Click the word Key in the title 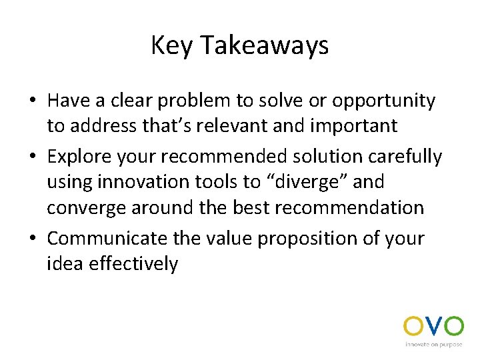pos(172,45)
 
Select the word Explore pos(81,157)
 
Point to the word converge pos(90,208)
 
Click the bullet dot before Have pos(32,101)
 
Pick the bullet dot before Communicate pos(32,239)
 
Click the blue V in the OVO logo pos(433,327)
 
